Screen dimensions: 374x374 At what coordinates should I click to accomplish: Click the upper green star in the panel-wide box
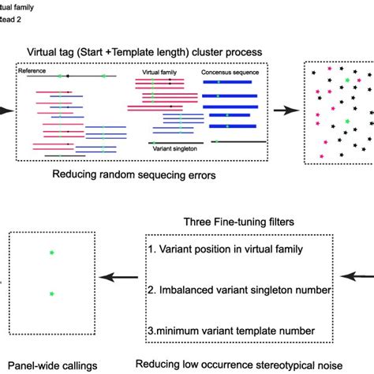pos(52,253)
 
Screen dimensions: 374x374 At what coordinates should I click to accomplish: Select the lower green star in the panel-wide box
pos(52,294)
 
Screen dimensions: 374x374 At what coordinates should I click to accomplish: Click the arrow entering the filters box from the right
pos(361,277)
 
